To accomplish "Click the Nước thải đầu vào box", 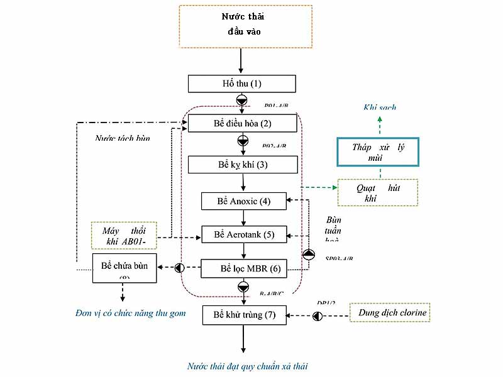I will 245,26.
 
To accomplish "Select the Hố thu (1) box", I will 242,84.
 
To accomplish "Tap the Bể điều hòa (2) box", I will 242,123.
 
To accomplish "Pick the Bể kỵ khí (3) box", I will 242,165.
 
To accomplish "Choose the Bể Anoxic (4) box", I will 244,202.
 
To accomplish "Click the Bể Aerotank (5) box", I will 244,234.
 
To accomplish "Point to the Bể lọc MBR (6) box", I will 244,268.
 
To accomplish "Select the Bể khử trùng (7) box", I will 244,314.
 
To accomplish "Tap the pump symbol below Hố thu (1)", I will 242,101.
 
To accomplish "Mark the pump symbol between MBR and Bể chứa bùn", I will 179,268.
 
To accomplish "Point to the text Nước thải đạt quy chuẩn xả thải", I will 248,366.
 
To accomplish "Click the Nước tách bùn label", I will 126,138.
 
